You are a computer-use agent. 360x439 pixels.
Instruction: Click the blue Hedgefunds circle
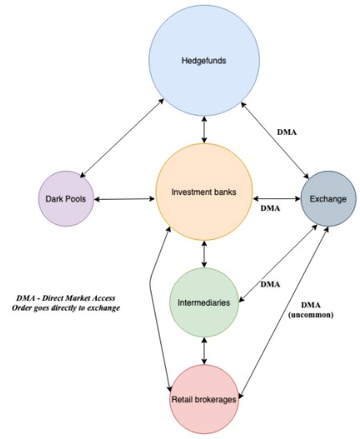204,60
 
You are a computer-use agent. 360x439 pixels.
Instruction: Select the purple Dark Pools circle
66,199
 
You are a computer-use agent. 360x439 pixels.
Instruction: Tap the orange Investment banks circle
204,192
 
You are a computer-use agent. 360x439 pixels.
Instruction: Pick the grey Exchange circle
329,199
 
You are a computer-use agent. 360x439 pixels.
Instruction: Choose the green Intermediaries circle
204,303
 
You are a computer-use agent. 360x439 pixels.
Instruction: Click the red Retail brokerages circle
204,400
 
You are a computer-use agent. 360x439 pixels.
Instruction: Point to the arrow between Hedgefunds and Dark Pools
122,138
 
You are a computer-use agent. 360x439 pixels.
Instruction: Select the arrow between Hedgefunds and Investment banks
204,130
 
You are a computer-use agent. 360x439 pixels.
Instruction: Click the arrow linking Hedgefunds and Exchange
275,140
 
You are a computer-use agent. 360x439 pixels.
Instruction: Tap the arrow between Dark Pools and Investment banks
124,199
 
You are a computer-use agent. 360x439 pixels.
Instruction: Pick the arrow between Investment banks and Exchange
277,199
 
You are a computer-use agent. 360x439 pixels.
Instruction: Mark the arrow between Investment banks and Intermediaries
204,254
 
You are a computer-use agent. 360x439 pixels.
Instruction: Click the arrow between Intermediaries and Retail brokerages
204,351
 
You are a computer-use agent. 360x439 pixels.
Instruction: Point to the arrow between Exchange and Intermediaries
278,263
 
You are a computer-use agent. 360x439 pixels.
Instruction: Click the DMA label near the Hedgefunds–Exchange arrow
287,132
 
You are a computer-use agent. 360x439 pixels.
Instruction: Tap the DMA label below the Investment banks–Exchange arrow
270,209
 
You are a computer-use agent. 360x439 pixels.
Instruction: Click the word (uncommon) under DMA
311,315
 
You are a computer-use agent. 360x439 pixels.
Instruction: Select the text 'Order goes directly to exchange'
66,308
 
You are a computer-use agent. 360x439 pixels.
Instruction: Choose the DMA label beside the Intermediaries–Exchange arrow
270,284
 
